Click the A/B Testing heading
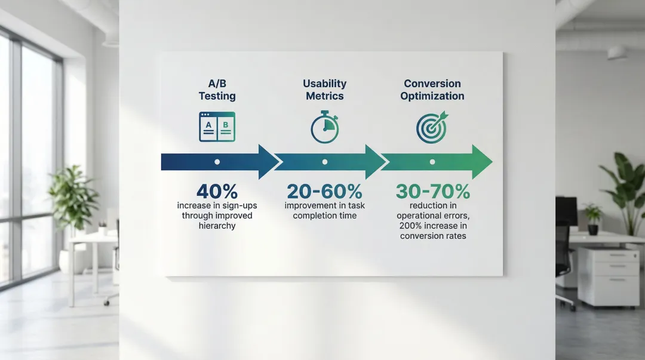pos(217,90)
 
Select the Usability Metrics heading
pos(324,90)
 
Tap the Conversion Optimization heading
pos(432,90)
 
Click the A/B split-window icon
pos(217,127)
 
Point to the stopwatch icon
pos(324,127)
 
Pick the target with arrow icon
pos(432,127)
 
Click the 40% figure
pos(217,191)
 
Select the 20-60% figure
pos(324,191)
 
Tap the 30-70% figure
pos(433,191)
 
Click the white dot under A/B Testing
pos(217,162)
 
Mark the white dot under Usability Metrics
pos(325,162)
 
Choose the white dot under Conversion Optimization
pos(432,162)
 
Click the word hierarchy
pos(217,226)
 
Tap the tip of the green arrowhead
pos(492,162)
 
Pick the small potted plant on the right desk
pos(593,219)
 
